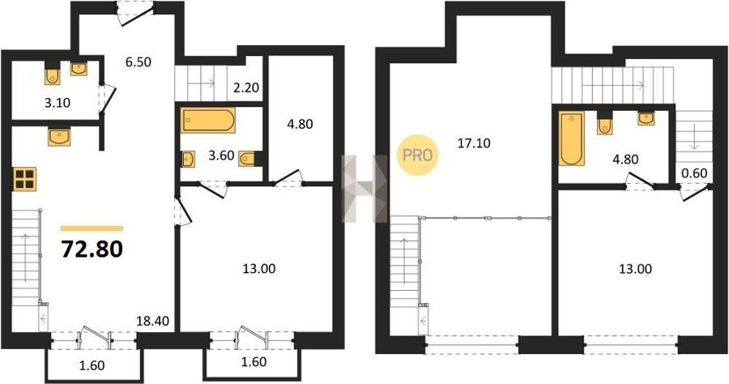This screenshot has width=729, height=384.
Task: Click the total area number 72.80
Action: pyautogui.click(x=92, y=250)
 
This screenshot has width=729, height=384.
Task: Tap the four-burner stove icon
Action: pyautogui.click(x=25, y=179)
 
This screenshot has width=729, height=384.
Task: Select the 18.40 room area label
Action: pyautogui.click(x=152, y=320)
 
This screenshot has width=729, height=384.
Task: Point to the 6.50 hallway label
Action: pyautogui.click(x=138, y=62)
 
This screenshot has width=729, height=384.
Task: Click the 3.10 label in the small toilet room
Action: pyautogui.click(x=58, y=103)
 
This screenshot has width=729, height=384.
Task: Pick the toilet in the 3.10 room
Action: pyautogui.click(x=53, y=75)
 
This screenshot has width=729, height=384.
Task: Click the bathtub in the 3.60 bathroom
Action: pyautogui.click(x=208, y=121)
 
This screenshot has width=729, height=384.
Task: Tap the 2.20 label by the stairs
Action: pyautogui.click(x=246, y=87)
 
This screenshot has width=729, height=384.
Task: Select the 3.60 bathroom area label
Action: pyautogui.click(x=221, y=156)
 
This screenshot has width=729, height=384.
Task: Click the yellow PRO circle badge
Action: pyautogui.click(x=417, y=156)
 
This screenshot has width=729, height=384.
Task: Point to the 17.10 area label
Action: pyautogui.click(x=473, y=143)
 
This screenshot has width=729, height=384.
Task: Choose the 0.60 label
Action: pyautogui.click(x=694, y=173)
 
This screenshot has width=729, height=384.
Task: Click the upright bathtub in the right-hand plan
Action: pyautogui.click(x=571, y=139)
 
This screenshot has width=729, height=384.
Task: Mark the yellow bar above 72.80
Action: pyautogui.click(x=92, y=228)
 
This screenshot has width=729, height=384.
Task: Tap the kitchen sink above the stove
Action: pyautogui.click(x=59, y=137)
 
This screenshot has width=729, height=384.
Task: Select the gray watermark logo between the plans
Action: pyautogui.click(x=364, y=188)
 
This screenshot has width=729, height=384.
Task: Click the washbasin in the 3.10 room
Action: pyautogui.click(x=79, y=69)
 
